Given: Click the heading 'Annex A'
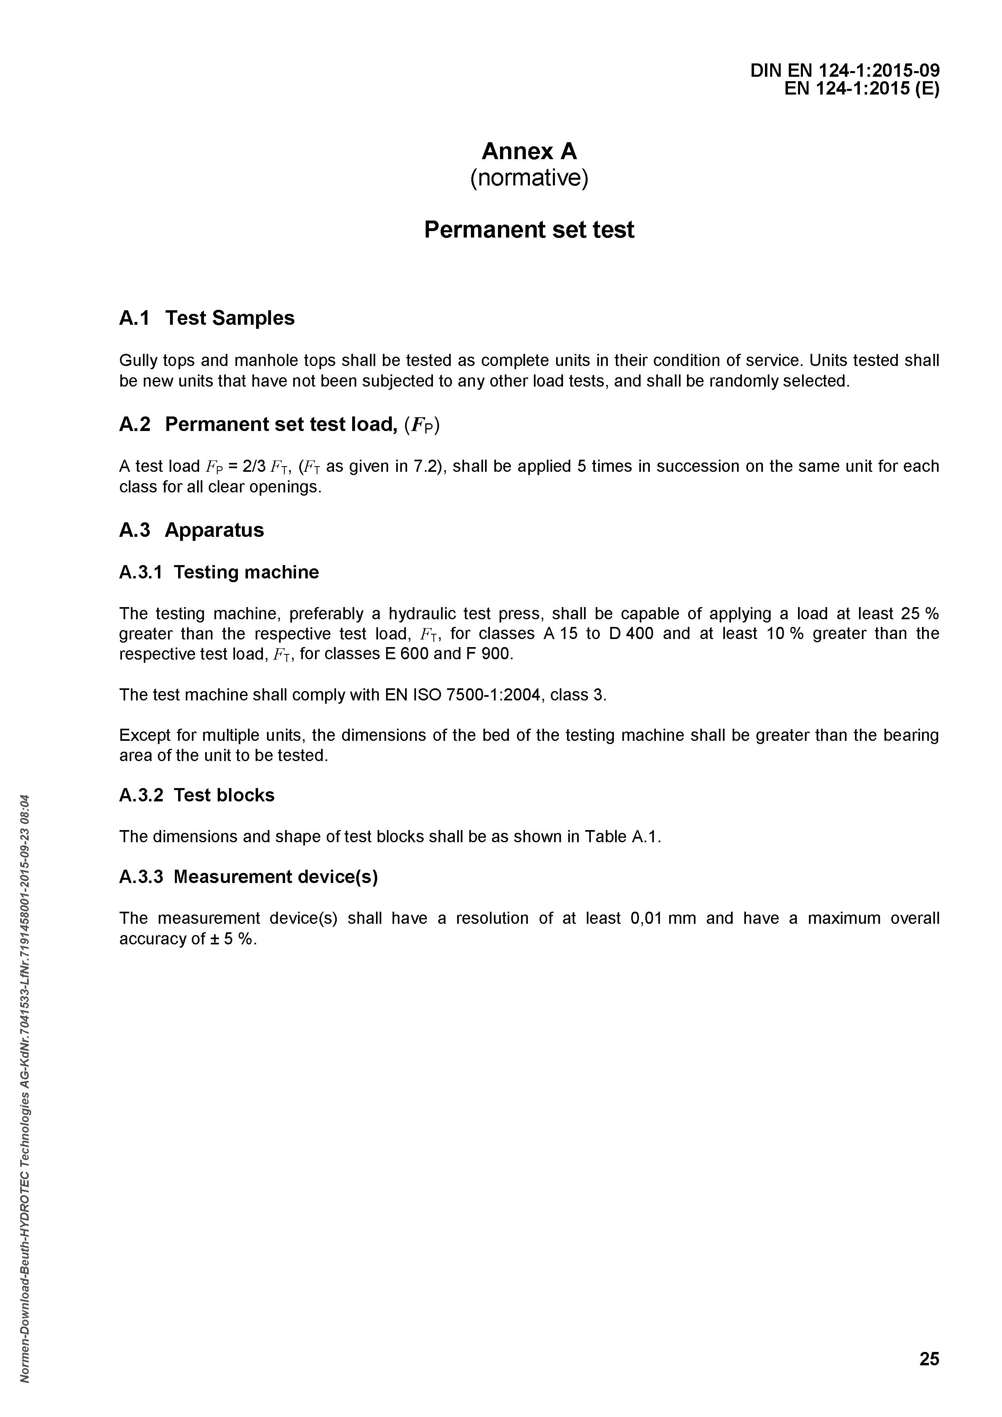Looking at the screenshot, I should pyautogui.click(x=529, y=151).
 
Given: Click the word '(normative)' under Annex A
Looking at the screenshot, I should pyautogui.click(x=529, y=179).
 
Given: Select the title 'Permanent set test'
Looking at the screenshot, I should pyautogui.click(x=529, y=229).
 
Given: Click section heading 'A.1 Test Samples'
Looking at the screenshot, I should pyautogui.click(x=207, y=318).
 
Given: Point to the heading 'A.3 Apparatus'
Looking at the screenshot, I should pyautogui.click(x=191, y=530).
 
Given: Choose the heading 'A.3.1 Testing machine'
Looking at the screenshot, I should pyautogui.click(x=219, y=572).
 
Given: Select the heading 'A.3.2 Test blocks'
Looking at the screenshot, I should pyautogui.click(x=197, y=795).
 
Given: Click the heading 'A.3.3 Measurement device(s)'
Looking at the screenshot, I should pyautogui.click(x=248, y=877).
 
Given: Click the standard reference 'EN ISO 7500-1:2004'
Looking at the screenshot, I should pyautogui.click(x=464, y=695).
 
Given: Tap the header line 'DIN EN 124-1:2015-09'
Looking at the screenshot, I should pyautogui.click(x=844, y=71).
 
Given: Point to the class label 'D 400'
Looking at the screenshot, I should pyautogui.click(x=630, y=634).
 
